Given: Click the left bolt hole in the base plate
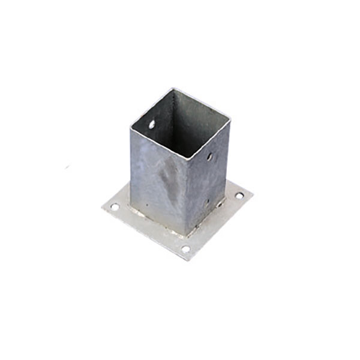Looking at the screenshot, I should coord(114,207).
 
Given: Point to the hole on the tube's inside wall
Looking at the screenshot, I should coord(152,124).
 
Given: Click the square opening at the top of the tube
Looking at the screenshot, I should coord(180,123).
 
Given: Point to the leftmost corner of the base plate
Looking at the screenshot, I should coord(103,208).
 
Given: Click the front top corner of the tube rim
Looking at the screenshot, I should coord(187,158).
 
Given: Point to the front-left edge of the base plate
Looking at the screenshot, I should coord(144,235).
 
